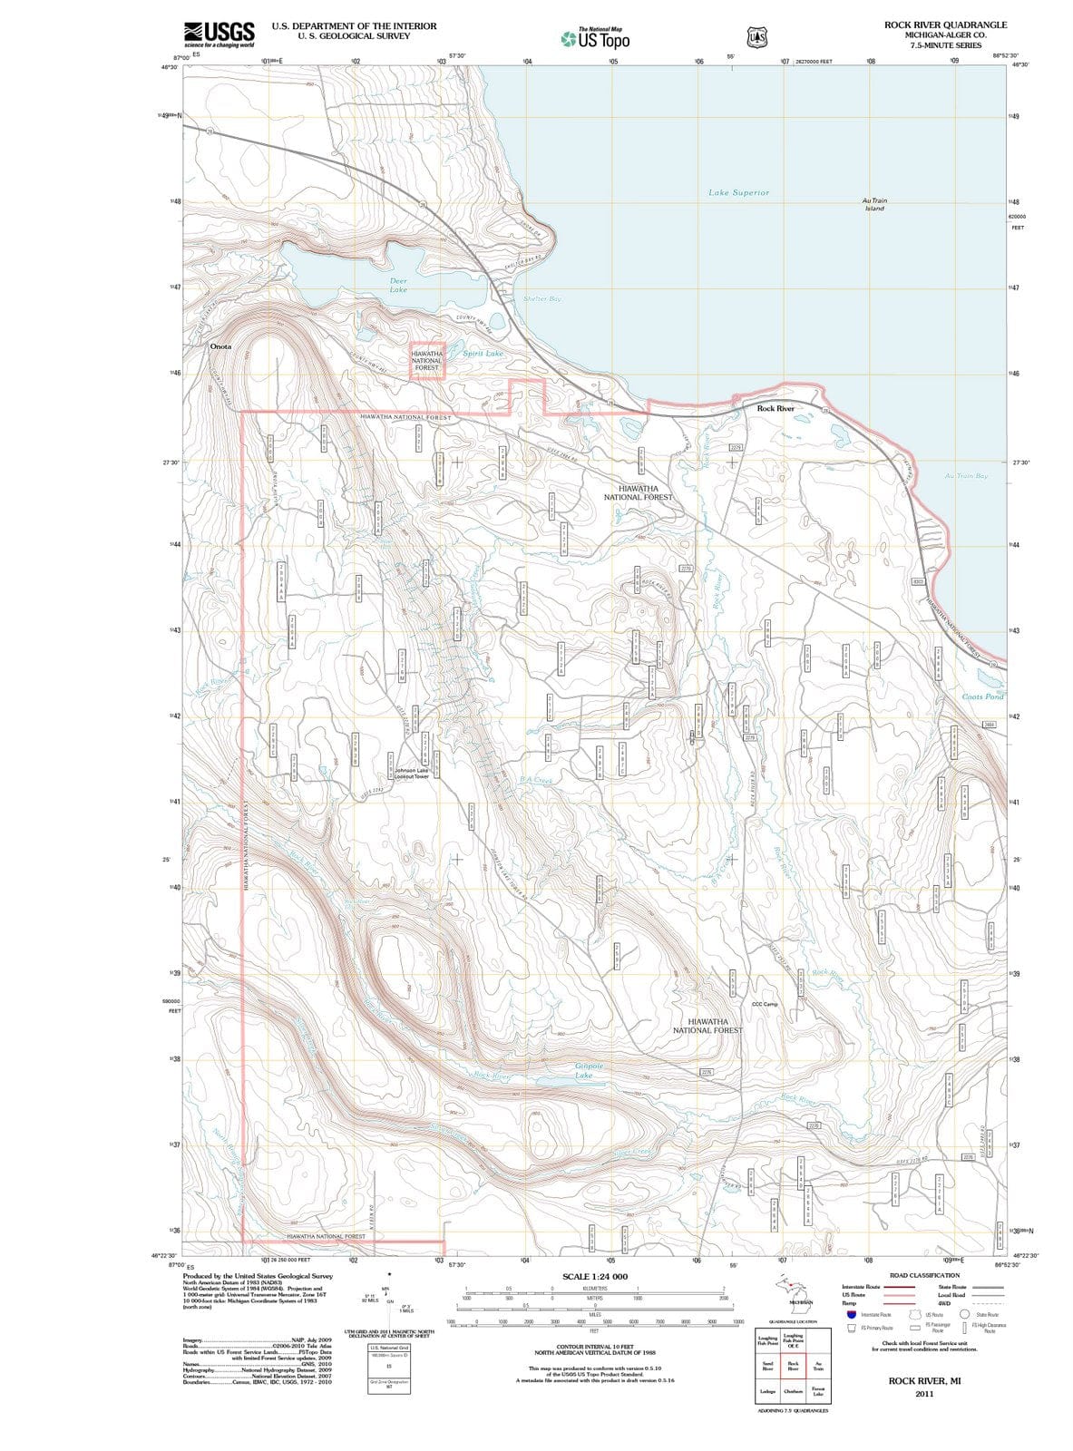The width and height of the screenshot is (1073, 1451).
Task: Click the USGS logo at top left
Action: (219, 34)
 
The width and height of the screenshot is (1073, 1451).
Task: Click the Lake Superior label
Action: (738, 192)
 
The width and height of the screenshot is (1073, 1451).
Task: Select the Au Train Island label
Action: (874, 204)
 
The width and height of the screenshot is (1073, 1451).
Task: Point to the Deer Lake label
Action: (398, 286)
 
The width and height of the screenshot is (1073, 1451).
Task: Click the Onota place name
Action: (220, 346)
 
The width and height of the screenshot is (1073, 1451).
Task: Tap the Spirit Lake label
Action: (482, 354)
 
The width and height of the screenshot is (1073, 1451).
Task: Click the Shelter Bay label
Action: (541, 299)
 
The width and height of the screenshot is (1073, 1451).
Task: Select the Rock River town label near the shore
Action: (775, 409)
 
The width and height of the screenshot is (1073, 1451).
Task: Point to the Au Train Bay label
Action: (966, 475)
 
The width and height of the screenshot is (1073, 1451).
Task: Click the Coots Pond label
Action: (982, 696)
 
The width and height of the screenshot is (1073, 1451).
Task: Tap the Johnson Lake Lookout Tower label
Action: (411, 774)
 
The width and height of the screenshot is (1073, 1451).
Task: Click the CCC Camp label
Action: (765, 1004)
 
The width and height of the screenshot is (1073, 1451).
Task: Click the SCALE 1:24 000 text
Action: (595, 1276)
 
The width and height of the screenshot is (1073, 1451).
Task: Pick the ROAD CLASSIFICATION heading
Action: (924, 1275)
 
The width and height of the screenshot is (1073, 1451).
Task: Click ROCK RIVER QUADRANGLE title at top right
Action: (945, 24)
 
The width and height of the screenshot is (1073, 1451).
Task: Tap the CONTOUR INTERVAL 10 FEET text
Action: (594, 1347)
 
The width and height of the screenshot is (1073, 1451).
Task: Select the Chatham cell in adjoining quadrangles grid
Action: (792, 1391)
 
